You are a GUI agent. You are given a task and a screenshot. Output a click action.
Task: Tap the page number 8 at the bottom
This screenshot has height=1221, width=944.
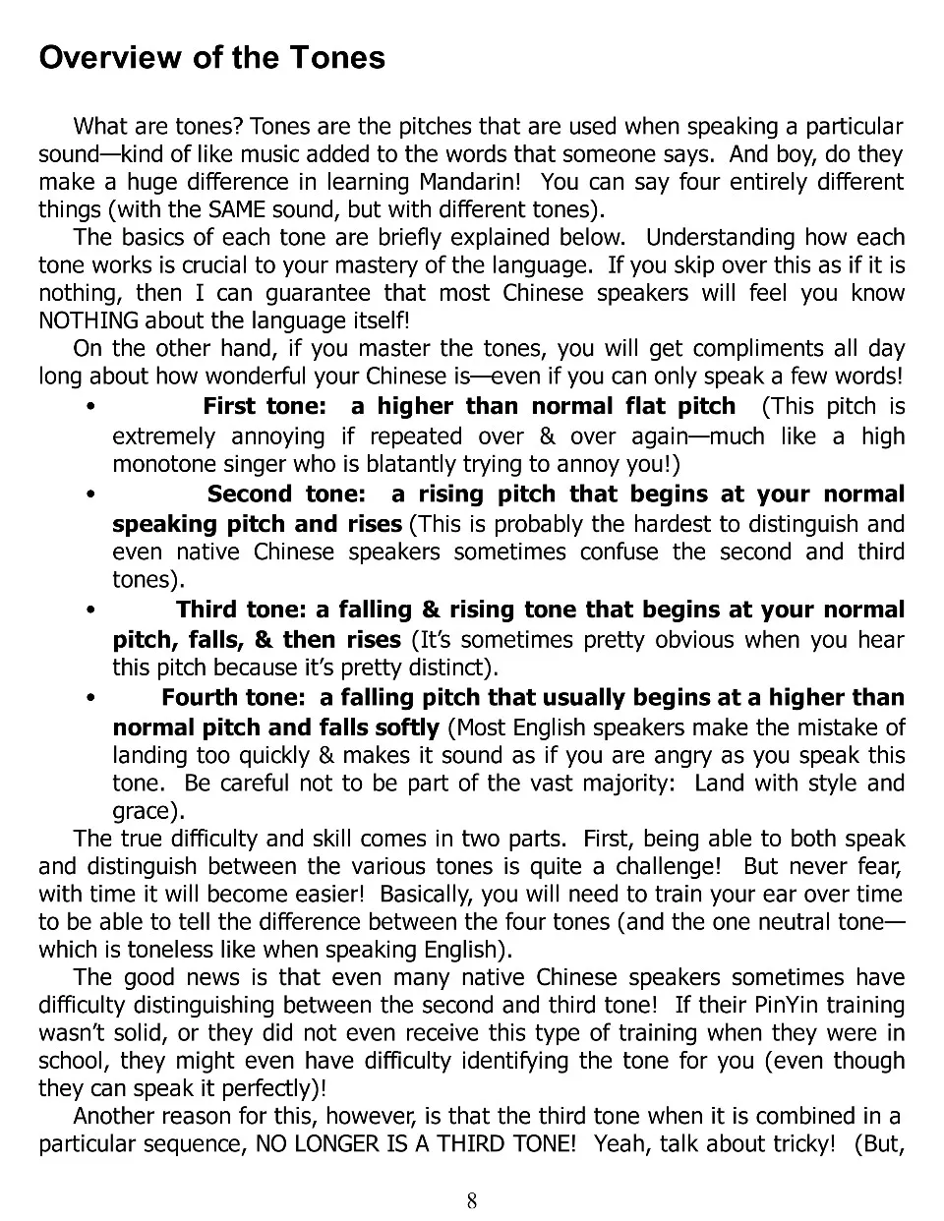(472, 1199)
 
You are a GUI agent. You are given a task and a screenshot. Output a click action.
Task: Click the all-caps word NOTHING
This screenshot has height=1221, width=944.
(88, 320)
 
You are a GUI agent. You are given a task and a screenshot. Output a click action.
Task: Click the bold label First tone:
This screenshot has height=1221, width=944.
(264, 406)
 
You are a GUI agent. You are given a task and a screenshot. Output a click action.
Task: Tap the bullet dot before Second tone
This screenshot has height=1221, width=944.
(90, 494)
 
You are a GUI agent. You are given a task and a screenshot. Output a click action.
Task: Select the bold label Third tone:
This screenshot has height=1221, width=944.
(242, 610)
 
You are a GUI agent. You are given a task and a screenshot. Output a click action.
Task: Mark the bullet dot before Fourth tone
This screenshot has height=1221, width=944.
(90, 698)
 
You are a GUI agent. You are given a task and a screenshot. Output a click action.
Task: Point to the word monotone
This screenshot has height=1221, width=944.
(158, 464)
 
